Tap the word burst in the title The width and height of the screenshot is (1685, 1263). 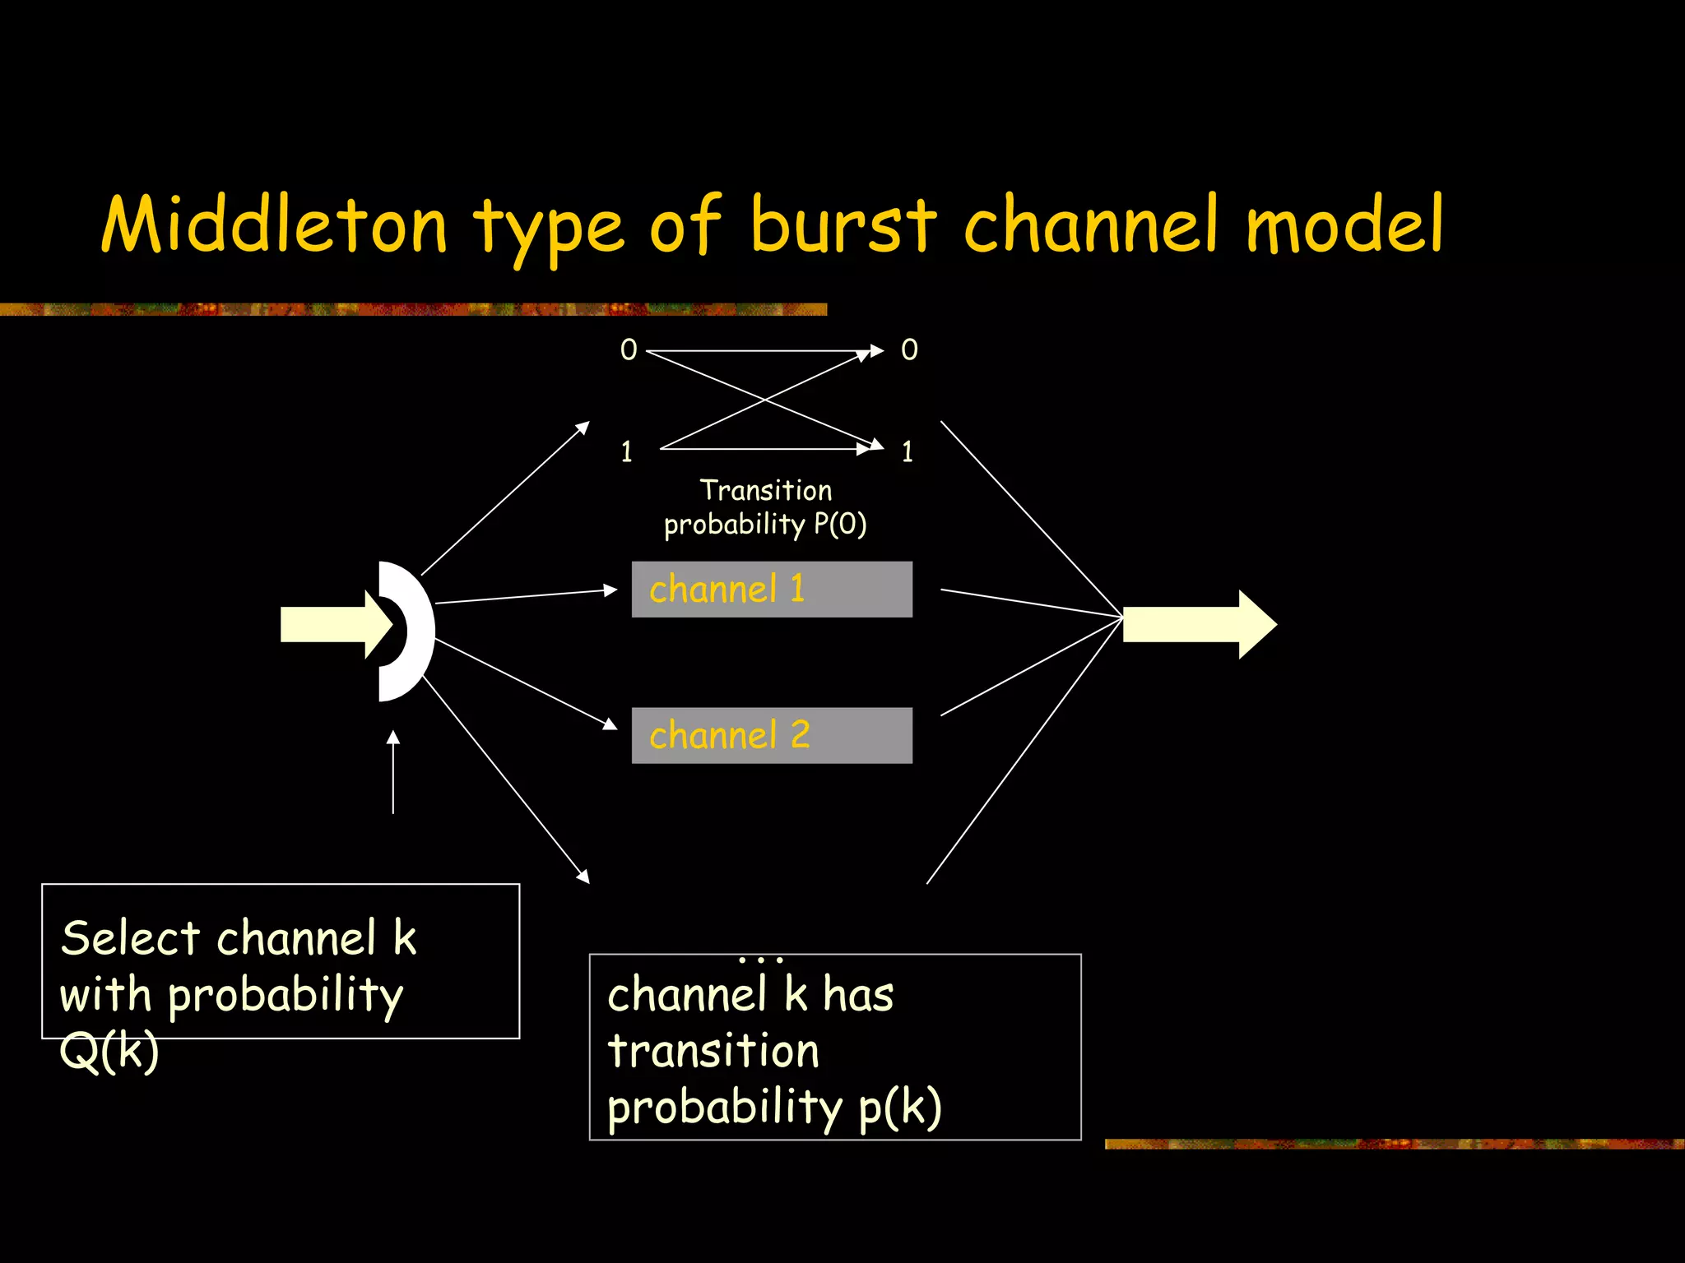tap(843, 224)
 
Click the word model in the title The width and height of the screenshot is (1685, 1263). tap(1344, 224)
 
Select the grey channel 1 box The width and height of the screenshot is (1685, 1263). tap(772, 590)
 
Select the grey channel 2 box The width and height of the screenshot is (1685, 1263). tap(772, 735)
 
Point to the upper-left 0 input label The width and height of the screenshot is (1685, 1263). tap(629, 350)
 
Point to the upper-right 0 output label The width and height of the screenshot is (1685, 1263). tap(909, 350)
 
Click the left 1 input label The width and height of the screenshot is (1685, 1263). tap(627, 452)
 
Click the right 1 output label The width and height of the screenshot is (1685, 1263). tap(907, 452)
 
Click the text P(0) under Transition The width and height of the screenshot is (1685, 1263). tap(840, 525)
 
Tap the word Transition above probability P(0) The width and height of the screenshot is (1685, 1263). tap(766, 491)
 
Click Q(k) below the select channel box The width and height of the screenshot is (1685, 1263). tap(109, 1052)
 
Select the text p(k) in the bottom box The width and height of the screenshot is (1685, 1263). tap(900, 1108)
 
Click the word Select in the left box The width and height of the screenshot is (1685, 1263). tap(130, 938)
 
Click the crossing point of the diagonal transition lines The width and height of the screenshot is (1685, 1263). tap(765, 400)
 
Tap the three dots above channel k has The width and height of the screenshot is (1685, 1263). tap(761, 960)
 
